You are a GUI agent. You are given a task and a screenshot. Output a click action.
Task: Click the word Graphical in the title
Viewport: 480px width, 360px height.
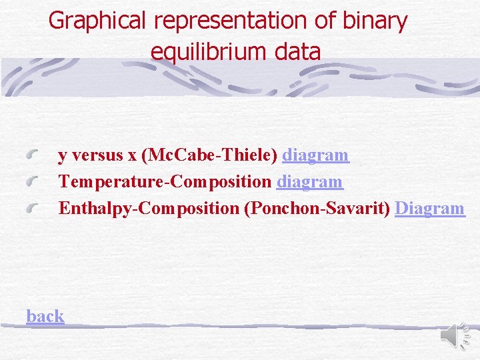tap(99, 21)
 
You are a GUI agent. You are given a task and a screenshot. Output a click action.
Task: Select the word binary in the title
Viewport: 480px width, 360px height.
tap(373, 21)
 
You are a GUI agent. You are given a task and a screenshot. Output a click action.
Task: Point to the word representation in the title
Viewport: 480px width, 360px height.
tap(232, 21)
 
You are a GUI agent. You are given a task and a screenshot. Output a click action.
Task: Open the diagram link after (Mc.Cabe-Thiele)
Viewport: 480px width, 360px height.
tap(315, 155)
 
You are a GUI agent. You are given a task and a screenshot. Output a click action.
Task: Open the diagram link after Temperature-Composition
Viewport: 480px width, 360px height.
tap(309, 181)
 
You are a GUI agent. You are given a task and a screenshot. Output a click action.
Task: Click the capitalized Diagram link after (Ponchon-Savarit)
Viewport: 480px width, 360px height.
tap(429, 208)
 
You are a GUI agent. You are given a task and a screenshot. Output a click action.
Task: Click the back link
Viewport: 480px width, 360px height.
tap(45, 316)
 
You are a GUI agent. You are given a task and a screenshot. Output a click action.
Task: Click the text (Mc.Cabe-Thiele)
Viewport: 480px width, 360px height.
tap(210, 155)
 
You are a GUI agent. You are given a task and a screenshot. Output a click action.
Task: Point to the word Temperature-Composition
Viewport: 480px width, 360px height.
tap(165, 181)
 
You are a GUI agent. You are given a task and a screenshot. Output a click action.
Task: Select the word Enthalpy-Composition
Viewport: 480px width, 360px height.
tap(149, 208)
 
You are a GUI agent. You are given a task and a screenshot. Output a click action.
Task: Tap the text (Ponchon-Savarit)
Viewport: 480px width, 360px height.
tap(317, 208)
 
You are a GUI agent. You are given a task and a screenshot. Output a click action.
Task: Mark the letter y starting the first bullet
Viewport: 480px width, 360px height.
tap(62, 157)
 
